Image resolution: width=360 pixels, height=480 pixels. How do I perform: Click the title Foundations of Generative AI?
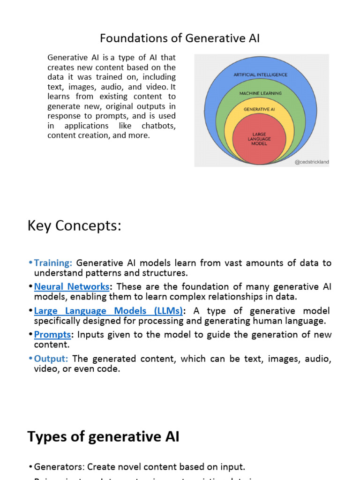180,38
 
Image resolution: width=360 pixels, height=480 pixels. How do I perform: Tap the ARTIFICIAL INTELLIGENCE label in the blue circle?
261,75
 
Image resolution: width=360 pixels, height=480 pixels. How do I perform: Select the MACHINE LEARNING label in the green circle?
261,93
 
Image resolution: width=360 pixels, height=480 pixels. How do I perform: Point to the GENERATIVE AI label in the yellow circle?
259,109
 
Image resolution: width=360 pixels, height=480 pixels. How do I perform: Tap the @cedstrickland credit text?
312,162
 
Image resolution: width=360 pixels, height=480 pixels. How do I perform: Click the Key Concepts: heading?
75,225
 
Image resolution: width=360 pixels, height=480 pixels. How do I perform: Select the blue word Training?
53,263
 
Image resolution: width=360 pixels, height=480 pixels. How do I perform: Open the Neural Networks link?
72,286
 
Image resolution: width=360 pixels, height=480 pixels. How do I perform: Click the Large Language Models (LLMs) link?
109,311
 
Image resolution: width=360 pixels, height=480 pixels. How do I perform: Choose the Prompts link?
52,335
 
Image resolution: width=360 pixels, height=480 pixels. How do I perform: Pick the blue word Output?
51,359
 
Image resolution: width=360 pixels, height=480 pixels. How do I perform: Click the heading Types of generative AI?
103,437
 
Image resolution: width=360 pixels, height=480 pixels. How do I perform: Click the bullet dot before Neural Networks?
30,286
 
